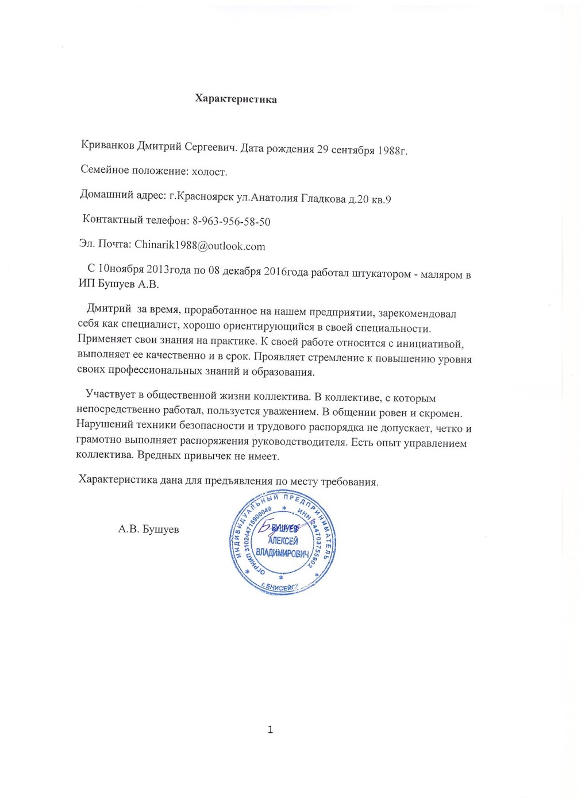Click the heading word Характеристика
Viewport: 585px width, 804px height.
point(236,99)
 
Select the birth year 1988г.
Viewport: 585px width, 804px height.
point(392,151)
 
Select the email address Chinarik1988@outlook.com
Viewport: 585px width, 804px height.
point(200,246)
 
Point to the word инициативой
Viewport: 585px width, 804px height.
point(430,344)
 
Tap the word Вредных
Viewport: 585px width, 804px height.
point(162,457)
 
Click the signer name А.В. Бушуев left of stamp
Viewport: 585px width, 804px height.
point(148,529)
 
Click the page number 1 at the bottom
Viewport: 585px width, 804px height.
point(270,730)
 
